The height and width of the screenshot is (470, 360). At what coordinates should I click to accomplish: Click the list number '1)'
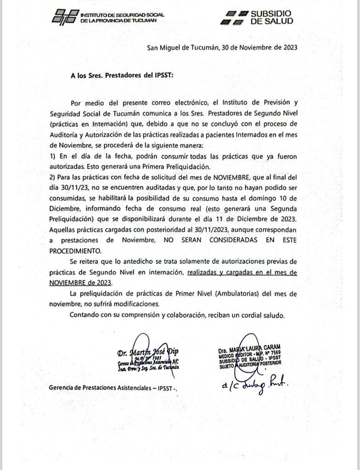point(53,157)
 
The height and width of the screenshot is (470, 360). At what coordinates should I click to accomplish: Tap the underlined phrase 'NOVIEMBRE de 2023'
point(80,283)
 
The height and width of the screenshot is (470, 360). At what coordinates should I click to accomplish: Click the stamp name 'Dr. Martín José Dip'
point(148,352)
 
